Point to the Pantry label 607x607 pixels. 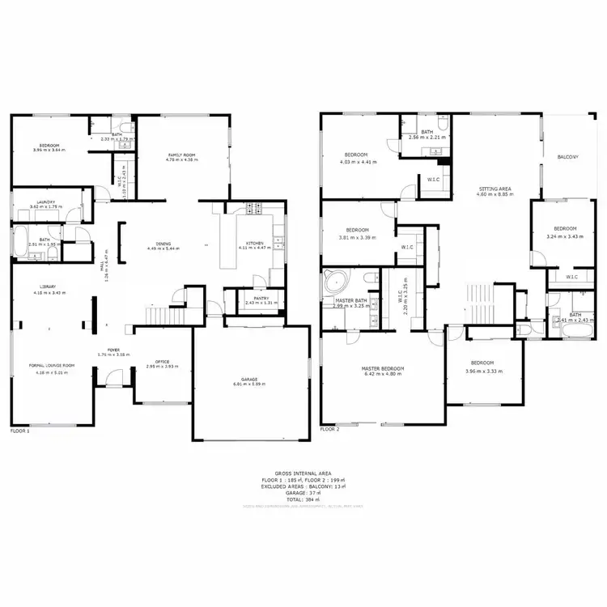pyautogui.click(x=261, y=298)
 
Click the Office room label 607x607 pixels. pyautogui.click(x=161, y=361)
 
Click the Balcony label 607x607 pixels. pyautogui.click(x=567, y=157)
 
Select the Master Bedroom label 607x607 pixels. pyautogui.click(x=382, y=369)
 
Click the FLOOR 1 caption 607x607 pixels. pyautogui.click(x=19, y=431)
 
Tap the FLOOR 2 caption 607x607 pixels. pyautogui.click(x=329, y=430)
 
